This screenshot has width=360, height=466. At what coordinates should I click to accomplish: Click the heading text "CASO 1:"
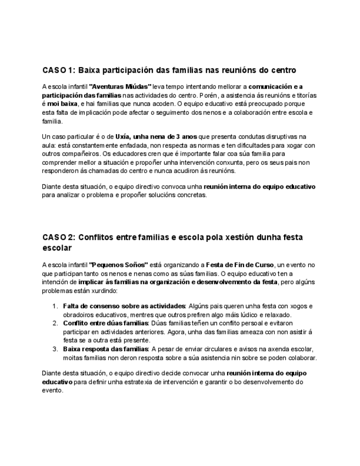click(58, 70)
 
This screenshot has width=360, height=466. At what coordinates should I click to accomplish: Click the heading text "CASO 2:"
click(59, 237)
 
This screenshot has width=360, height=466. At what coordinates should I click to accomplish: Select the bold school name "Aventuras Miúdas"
click(120, 87)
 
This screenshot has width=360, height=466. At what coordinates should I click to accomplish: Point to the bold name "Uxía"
click(124, 136)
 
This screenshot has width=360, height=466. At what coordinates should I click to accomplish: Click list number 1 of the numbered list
click(55, 306)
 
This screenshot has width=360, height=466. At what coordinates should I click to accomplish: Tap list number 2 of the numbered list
click(55, 323)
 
